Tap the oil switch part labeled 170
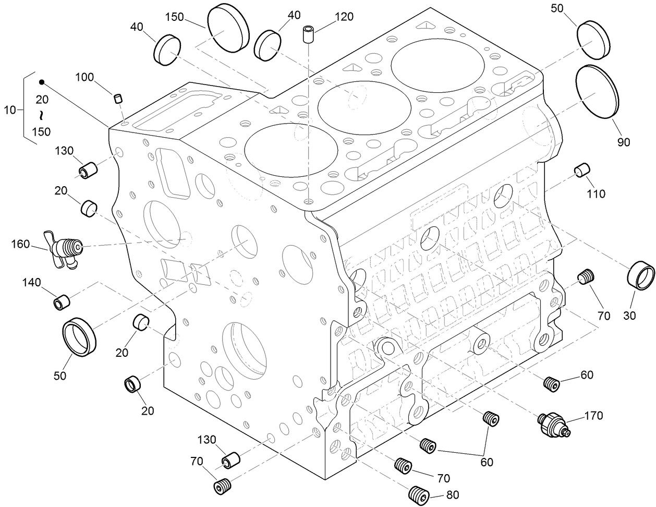[x=555, y=423]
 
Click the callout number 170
[x=593, y=416]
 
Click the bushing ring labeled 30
[x=640, y=276]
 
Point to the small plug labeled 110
[x=581, y=170]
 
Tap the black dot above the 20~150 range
[x=42, y=82]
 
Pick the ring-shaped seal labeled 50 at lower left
[x=80, y=337]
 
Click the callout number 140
[x=32, y=283]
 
